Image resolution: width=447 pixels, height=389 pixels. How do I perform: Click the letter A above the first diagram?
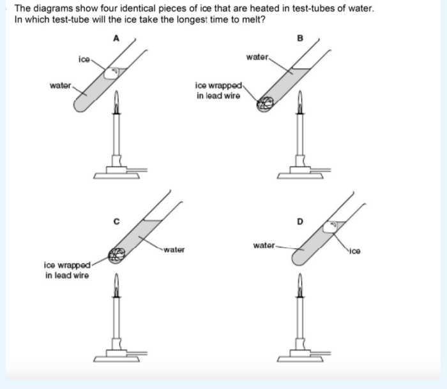pyautogui.click(x=116, y=38)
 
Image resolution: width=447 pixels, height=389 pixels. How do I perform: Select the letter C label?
pyautogui.click(x=116, y=221)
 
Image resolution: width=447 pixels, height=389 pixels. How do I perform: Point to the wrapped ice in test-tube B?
pyautogui.click(x=264, y=104)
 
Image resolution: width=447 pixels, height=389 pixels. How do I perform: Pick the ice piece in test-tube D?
pyautogui.click(x=331, y=226)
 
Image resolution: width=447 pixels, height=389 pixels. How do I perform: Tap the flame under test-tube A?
pyautogui.click(x=116, y=99)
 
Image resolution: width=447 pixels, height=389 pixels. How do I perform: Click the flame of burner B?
pyautogui.click(x=300, y=99)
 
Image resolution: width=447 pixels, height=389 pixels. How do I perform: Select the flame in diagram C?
pyautogui.click(x=116, y=283)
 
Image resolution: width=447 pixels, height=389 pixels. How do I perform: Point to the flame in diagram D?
pyautogui.click(x=300, y=283)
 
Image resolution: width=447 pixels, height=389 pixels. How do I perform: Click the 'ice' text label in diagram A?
pyautogui.click(x=84, y=59)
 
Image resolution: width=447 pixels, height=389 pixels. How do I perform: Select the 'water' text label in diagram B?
pyautogui.click(x=257, y=57)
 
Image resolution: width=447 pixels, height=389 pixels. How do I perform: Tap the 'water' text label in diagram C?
pyautogui.click(x=174, y=249)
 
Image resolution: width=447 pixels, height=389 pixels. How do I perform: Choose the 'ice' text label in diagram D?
pyautogui.click(x=355, y=251)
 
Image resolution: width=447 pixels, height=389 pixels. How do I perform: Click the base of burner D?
pyautogui.click(x=300, y=355)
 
